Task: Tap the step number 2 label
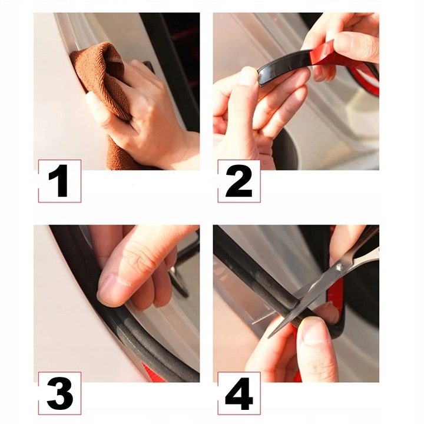239,181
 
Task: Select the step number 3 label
59,393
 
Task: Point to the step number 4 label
239,393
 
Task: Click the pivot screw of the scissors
339,267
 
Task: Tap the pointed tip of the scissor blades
269,337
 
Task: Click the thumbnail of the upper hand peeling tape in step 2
344,41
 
